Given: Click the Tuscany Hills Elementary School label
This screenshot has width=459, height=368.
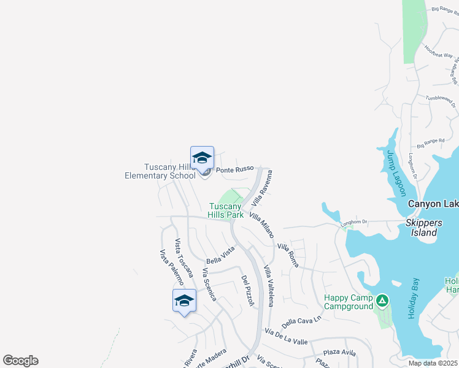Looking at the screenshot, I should (x=160, y=171).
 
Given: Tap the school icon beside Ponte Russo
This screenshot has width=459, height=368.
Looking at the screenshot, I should (x=202, y=159).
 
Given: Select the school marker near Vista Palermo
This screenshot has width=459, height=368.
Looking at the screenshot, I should (x=184, y=301).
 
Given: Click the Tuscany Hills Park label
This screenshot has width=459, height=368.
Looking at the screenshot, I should (x=226, y=210).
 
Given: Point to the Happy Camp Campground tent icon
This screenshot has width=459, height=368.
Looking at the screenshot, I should (x=382, y=301).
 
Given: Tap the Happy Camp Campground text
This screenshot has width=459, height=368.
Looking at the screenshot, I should (x=349, y=302).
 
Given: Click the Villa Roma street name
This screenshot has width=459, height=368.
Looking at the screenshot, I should (x=287, y=250).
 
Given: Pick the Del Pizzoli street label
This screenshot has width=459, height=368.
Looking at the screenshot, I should (x=248, y=290).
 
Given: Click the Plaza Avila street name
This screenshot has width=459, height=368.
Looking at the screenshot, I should (x=340, y=353).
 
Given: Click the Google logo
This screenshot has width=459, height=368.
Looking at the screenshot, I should (x=20, y=361).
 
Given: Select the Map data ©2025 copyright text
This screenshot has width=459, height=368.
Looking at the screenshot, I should (x=433, y=363).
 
